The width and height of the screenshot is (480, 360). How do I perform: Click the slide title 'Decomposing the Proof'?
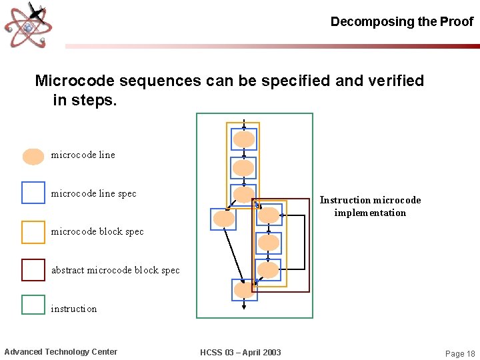(x=401, y=21)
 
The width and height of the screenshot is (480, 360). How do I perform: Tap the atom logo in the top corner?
(x=29, y=25)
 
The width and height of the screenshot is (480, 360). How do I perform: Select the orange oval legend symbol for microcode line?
(x=33, y=156)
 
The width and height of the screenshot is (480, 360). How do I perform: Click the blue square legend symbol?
(x=33, y=193)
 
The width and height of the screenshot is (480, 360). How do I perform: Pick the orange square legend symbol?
(x=33, y=232)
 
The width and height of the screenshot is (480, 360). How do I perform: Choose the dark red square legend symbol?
(x=33, y=270)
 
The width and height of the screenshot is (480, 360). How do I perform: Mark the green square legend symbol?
(x=33, y=305)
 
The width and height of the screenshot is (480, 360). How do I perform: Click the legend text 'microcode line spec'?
(x=93, y=194)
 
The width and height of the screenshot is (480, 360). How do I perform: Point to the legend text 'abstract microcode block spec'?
(x=115, y=270)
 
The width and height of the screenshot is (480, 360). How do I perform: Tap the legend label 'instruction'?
(x=74, y=309)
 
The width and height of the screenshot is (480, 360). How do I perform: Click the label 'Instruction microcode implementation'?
(x=370, y=206)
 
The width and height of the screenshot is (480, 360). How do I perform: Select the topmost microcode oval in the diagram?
(x=244, y=139)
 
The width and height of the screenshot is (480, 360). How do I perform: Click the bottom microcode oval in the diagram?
(x=244, y=290)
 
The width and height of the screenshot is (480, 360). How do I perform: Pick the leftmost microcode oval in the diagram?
(x=223, y=219)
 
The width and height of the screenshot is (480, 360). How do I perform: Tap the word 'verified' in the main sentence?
(x=393, y=81)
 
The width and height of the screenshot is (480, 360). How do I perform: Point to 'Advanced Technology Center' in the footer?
(x=61, y=352)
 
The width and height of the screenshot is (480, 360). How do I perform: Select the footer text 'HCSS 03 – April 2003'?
(x=240, y=352)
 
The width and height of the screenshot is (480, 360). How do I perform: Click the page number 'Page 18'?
(x=460, y=353)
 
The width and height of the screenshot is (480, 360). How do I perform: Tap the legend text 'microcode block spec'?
(x=97, y=232)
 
